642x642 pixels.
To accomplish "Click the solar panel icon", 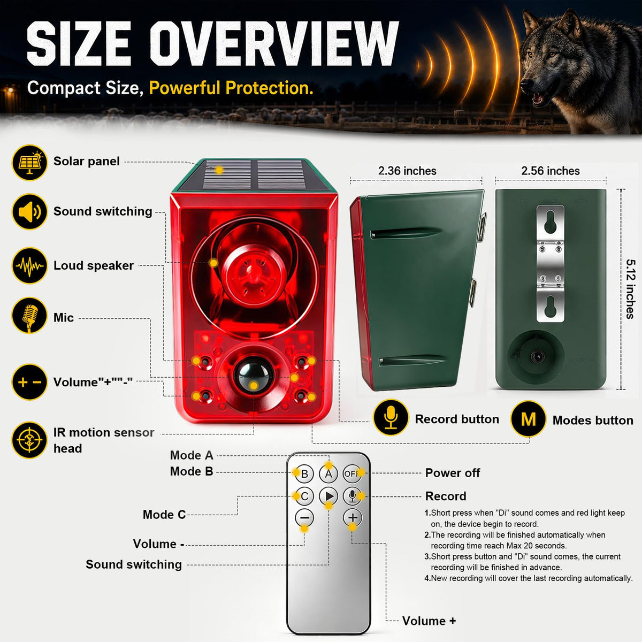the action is [29, 163].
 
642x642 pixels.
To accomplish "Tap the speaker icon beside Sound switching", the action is [29, 212].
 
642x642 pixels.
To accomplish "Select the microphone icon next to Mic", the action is [29, 315].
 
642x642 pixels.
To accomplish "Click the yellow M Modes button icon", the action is [529, 419].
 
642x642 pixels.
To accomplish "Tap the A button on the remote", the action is [328, 473].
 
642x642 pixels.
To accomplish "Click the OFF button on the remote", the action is [352, 473].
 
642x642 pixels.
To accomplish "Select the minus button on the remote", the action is [304, 518].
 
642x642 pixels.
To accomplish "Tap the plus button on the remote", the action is [353, 518].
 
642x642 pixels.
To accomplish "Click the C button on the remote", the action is [304, 496].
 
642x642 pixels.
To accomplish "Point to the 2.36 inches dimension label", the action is [407, 171].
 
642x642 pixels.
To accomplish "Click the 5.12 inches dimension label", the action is [630, 289].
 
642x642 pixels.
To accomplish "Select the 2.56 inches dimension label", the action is [551, 171].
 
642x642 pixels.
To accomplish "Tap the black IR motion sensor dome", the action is [254, 375].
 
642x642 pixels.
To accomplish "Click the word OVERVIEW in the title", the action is [274, 43].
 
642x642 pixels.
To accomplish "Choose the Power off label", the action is [453, 473].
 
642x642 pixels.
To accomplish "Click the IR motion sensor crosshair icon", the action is [29, 440].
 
